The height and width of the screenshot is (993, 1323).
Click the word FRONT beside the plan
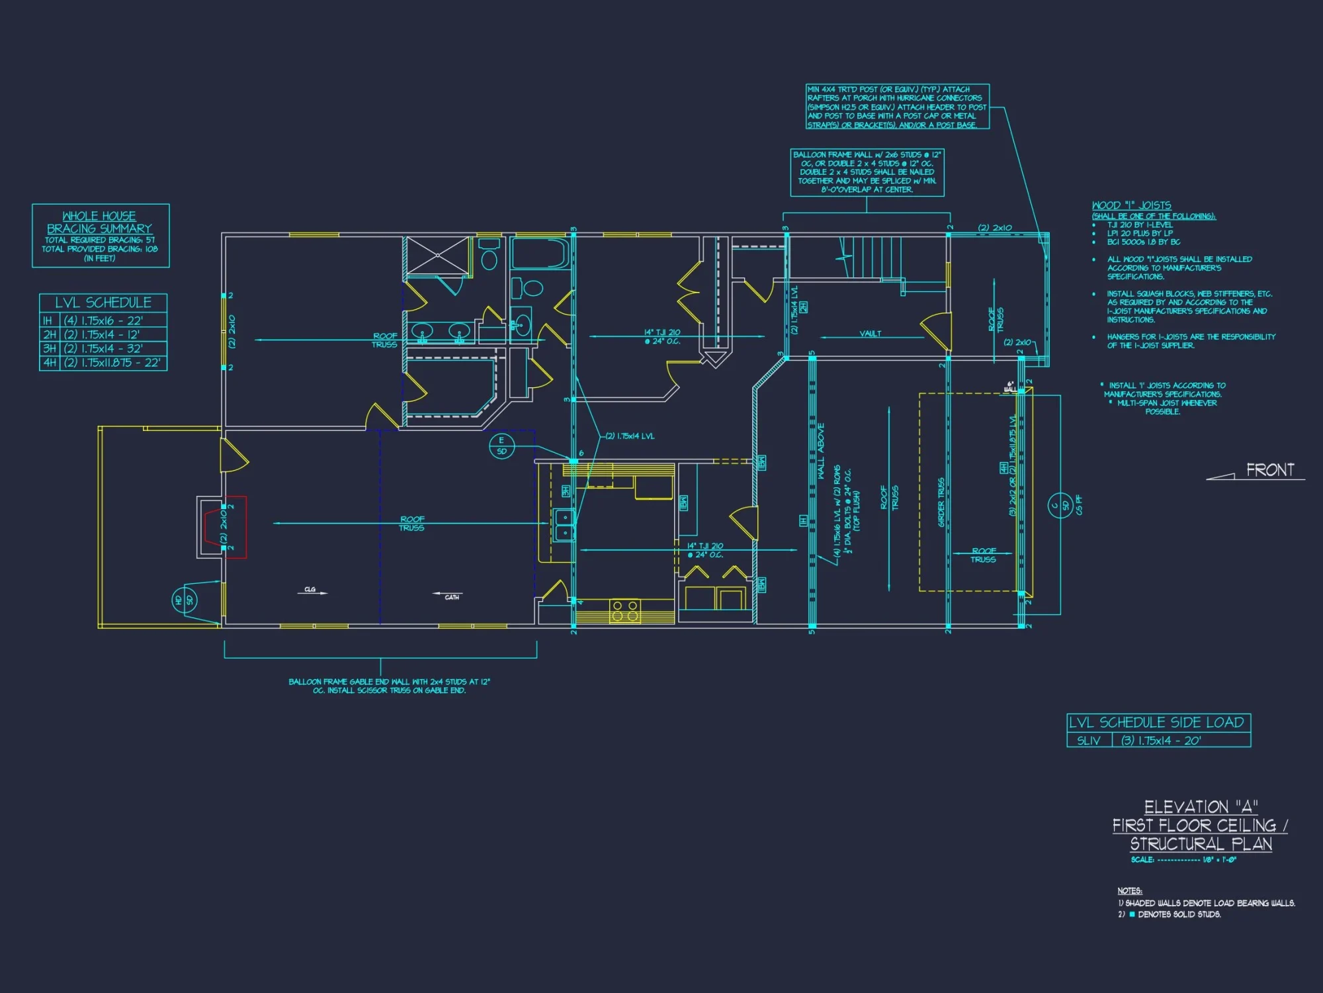click(1269, 470)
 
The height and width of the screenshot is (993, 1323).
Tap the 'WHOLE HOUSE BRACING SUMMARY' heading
click(99, 222)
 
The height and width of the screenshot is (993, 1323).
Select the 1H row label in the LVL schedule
click(48, 321)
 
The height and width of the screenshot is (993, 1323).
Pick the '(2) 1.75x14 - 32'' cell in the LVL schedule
click(103, 349)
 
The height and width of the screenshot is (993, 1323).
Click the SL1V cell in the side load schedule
click(1088, 741)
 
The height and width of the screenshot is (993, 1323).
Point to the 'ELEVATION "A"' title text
click(1201, 807)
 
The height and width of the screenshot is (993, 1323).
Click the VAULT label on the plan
click(871, 334)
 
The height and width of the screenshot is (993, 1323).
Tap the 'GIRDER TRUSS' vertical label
click(941, 502)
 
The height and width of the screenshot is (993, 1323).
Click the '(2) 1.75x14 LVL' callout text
click(630, 436)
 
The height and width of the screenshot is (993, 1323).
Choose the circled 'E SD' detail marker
click(501, 446)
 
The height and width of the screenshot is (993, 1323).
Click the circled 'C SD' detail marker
click(1060, 506)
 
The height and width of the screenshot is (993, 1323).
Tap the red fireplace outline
click(235, 527)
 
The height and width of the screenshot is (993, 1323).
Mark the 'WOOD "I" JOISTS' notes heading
click(1131, 206)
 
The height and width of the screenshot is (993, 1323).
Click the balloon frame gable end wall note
click(390, 686)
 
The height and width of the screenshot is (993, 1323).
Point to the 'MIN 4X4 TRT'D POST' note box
click(897, 107)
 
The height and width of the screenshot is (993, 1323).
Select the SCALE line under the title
click(1183, 860)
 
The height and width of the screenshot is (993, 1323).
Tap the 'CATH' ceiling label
click(452, 597)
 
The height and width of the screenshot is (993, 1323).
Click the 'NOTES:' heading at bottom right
click(1130, 891)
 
